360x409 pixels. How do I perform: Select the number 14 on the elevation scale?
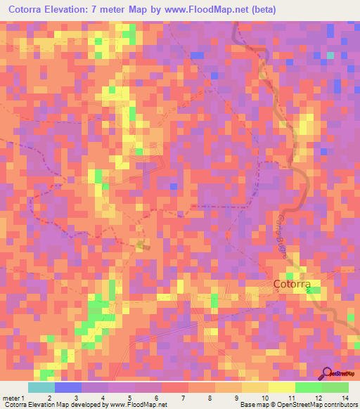click(345, 398)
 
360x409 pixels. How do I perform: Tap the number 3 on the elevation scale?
click(75, 398)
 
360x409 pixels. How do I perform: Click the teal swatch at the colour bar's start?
click(41, 387)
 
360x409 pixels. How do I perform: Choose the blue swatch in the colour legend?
click(68, 387)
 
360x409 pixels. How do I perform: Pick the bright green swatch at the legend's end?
click(335, 387)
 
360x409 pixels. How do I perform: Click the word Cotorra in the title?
click(31, 10)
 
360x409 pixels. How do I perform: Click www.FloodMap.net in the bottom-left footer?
click(137, 405)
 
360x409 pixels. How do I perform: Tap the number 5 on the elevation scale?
click(129, 398)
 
